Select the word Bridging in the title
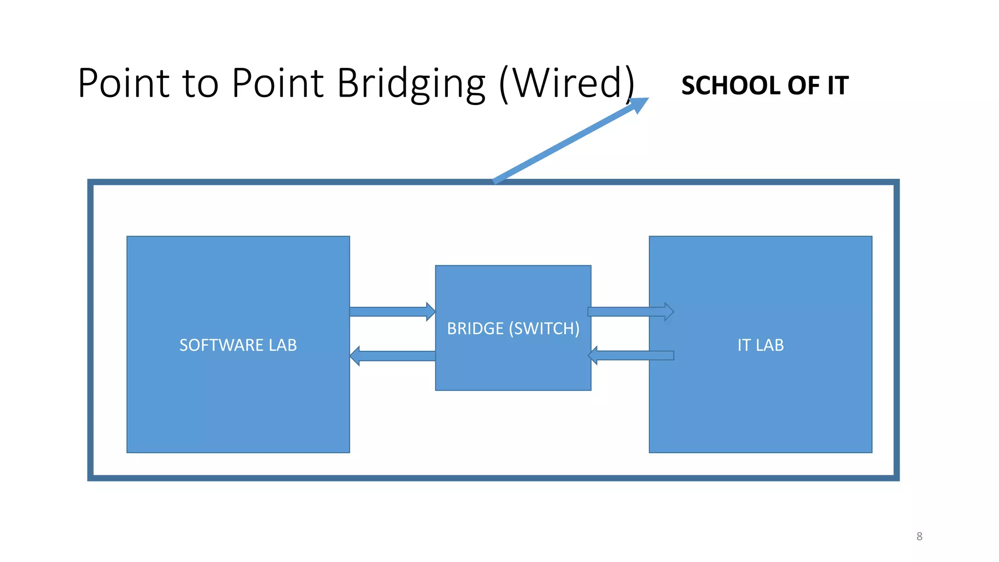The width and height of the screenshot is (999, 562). [x=411, y=84]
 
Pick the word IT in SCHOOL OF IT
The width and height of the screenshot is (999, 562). [x=838, y=85]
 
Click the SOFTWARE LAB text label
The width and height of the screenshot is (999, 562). [x=238, y=345]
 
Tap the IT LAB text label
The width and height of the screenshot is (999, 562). [x=760, y=345]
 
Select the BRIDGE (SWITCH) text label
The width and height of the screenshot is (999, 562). [x=513, y=329]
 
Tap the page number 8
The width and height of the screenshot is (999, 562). [x=919, y=536]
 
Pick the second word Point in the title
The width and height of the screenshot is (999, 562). [x=278, y=83]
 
